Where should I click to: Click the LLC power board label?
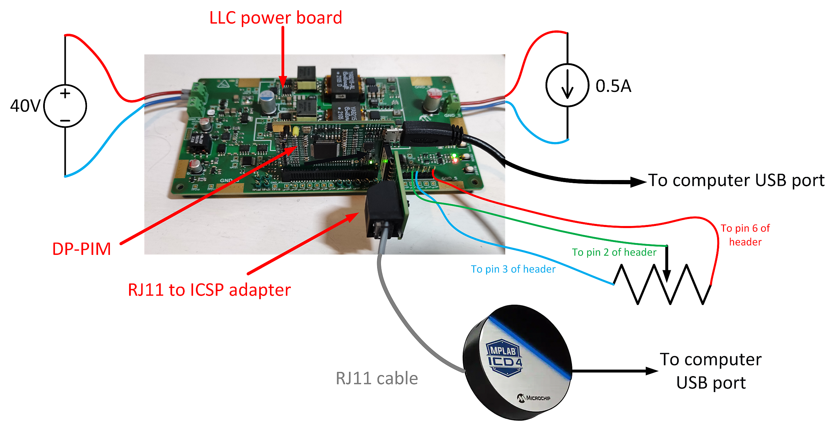click(x=276, y=18)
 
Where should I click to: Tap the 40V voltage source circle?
click(x=65, y=106)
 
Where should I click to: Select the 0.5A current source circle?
click(x=567, y=85)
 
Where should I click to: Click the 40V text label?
click(x=25, y=106)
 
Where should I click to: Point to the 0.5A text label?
click(x=613, y=86)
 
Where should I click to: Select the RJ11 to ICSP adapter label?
click(x=209, y=290)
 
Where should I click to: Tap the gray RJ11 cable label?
click(x=377, y=379)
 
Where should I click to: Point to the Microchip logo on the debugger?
click(x=534, y=398)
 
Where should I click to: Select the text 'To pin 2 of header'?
click(x=614, y=252)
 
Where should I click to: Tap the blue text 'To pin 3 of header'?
click(x=513, y=269)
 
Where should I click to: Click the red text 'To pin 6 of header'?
click(x=745, y=235)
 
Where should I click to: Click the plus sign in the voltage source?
click(x=65, y=93)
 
